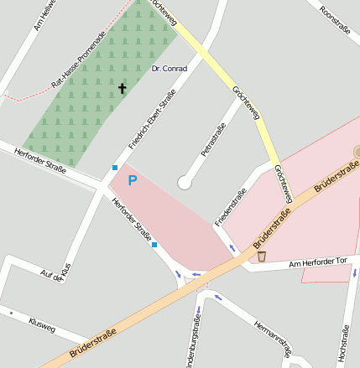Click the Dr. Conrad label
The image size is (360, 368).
169,68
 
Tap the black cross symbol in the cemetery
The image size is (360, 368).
122,87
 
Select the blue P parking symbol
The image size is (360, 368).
132,179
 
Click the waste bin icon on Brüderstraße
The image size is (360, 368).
262,256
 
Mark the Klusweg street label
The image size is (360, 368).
41,324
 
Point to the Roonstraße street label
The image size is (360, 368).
338,23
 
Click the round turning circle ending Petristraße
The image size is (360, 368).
185,182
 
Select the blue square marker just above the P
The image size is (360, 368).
115,167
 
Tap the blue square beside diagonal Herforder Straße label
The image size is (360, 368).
154,245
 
